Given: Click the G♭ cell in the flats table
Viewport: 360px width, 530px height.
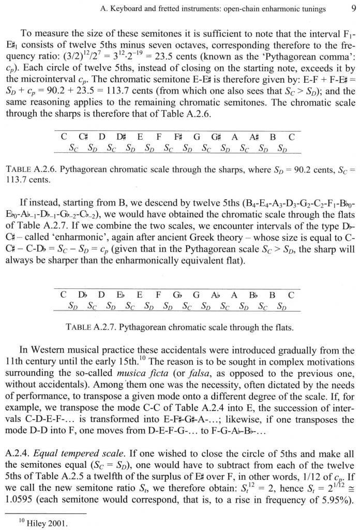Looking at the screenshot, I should coord(177,295).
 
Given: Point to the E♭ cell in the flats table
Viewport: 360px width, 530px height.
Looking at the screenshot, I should coord(121,295).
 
